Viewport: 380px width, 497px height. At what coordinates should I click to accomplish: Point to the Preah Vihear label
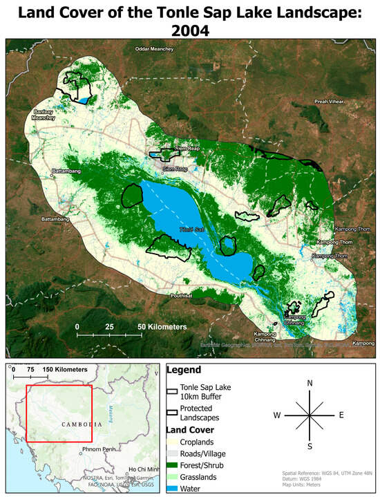(x=329, y=102)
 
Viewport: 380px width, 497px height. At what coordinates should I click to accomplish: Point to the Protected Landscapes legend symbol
(x=173, y=413)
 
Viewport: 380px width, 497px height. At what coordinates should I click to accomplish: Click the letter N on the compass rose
(x=310, y=383)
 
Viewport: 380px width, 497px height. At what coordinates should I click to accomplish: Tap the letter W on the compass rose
(x=277, y=415)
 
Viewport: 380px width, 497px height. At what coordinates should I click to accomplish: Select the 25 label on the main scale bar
(x=109, y=326)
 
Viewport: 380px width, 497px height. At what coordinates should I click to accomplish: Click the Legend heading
(x=184, y=371)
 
